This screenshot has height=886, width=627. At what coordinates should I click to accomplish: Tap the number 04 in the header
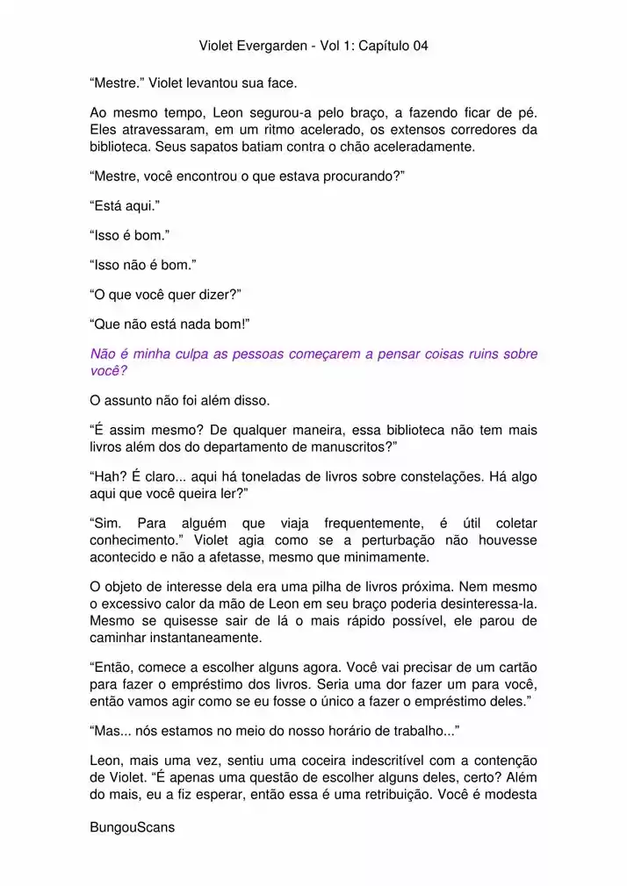point(420,46)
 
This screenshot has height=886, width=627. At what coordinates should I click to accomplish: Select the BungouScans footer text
point(133,826)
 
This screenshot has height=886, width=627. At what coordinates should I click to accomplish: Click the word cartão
point(514,667)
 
